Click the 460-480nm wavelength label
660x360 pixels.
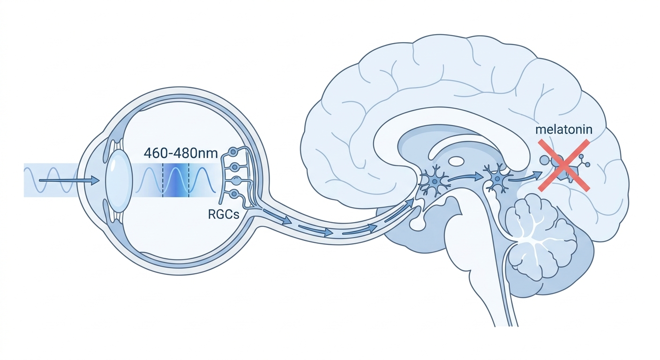point(180,153)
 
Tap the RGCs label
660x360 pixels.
point(224,215)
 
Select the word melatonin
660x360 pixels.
point(563,130)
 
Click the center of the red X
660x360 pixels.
point(564,165)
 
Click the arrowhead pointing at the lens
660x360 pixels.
point(95,180)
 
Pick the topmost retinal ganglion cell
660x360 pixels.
point(233,152)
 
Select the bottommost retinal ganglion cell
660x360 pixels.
point(234,194)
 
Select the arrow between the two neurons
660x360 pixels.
point(465,177)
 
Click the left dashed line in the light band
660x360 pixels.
point(163,180)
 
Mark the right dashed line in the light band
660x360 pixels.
point(188,180)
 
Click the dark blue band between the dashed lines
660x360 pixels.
point(176,180)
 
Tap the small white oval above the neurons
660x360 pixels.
point(456,161)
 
